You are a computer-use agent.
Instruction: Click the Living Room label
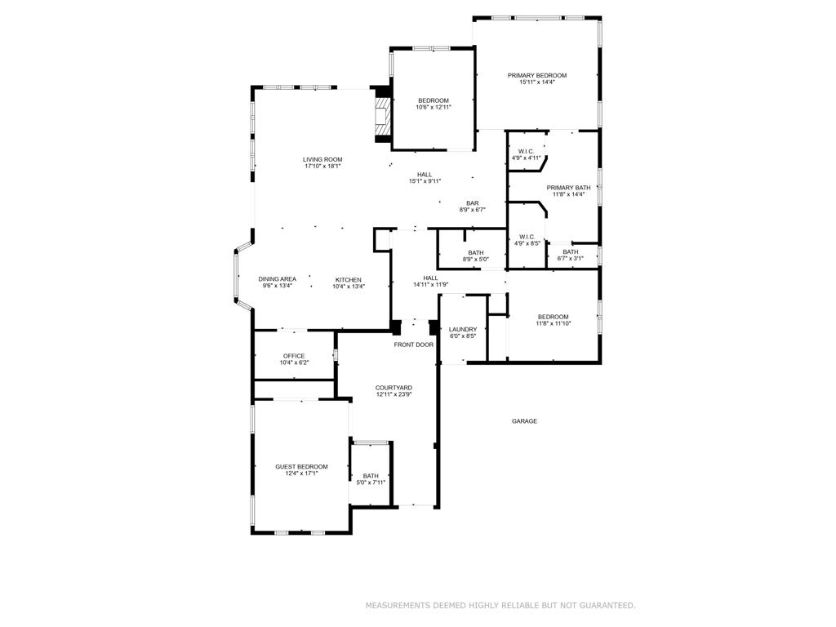point(322,160)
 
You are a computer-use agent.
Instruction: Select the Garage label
point(524,421)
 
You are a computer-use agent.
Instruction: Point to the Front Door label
point(414,345)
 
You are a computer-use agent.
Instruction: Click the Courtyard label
point(394,388)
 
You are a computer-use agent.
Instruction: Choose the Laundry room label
point(463,330)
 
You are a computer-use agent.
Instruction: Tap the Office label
point(294,356)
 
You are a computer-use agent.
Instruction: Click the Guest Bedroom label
point(301,467)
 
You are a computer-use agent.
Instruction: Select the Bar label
point(473,203)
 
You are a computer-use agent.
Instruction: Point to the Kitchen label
point(348,279)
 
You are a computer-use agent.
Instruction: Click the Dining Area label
point(278,279)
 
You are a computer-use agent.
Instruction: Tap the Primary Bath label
point(568,188)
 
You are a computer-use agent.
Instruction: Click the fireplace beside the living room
point(381,113)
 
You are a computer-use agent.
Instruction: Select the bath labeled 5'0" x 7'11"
point(371,479)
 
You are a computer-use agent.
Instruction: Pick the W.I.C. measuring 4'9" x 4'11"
point(526,154)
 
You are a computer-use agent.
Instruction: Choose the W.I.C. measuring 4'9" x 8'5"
point(527,239)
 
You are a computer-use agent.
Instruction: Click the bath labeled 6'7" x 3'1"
point(570,255)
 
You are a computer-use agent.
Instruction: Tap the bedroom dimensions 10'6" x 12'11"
point(433,107)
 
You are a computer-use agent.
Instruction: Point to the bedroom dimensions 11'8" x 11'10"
point(553,323)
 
